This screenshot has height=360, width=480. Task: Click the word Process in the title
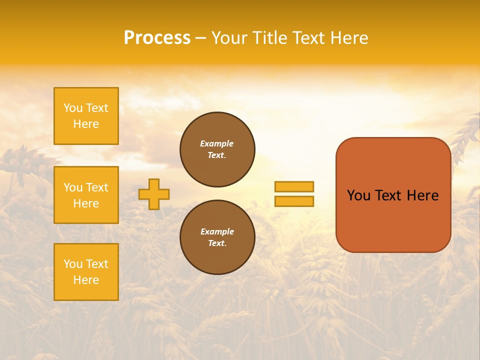(x=157, y=38)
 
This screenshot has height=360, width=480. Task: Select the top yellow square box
(x=86, y=116)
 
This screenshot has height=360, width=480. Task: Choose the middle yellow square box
(x=86, y=195)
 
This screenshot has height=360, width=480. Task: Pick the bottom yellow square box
(x=86, y=272)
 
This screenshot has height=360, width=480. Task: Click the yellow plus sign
(x=154, y=194)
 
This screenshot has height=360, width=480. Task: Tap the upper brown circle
(x=217, y=149)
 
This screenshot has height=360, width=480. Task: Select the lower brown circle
(x=217, y=237)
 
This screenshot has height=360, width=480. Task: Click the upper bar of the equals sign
(x=294, y=186)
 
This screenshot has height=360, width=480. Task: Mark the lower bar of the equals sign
(x=294, y=201)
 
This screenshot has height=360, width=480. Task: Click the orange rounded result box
(x=393, y=195)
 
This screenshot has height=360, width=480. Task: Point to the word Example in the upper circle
(x=217, y=143)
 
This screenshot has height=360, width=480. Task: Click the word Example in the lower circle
(x=217, y=231)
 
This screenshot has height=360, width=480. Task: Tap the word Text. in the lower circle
(x=217, y=243)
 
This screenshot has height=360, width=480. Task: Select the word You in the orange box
(x=358, y=195)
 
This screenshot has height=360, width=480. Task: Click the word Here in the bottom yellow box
(x=86, y=280)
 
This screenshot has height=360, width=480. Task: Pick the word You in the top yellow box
(x=73, y=108)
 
